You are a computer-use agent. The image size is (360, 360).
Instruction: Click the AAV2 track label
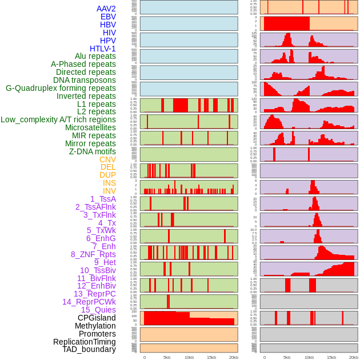[106, 9]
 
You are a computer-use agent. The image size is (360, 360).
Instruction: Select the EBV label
[108, 17]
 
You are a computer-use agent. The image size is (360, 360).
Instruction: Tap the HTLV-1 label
[103, 49]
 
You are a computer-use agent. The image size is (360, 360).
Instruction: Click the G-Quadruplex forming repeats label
[61, 88]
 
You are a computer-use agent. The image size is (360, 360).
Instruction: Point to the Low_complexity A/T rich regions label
[58, 119]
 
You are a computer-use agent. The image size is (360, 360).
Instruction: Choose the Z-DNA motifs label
[93, 151]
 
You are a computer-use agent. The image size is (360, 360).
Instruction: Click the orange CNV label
[107, 159]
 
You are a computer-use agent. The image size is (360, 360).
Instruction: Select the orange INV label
[109, 191]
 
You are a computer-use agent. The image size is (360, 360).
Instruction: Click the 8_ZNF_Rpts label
[93, 254]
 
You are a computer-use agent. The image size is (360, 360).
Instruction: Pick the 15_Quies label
[98, 310]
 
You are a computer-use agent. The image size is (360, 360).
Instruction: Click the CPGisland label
[97, 318]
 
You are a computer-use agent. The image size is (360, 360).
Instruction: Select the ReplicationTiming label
[84, 342]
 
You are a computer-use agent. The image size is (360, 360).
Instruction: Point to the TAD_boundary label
[89, 349]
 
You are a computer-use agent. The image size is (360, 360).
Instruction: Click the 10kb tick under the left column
[189, 357]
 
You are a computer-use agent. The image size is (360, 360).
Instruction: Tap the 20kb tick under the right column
[354, 357]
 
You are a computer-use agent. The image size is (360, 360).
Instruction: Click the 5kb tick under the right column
[287, 357]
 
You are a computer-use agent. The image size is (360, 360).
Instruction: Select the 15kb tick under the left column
[211, 357]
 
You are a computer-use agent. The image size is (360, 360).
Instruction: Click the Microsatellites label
[90, 127]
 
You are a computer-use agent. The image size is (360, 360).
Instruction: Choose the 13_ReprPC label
[94, 294]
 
